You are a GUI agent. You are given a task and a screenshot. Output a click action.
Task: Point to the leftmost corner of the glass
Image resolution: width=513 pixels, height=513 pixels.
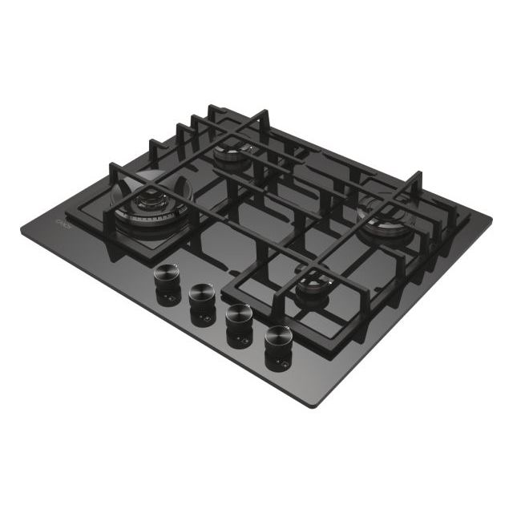[x=22, y=229]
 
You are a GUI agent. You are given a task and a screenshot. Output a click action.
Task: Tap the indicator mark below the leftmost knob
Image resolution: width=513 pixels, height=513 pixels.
[x=168, y=302]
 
